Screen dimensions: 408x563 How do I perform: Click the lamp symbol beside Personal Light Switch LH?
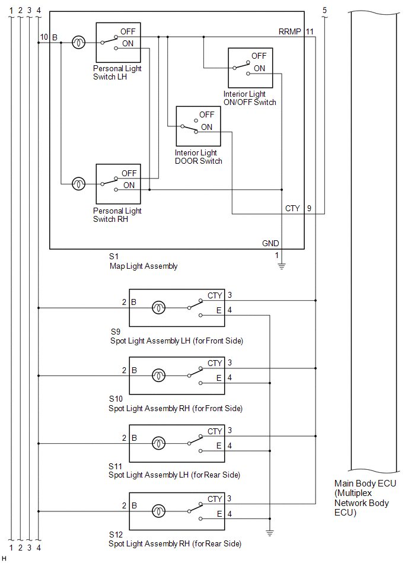pos(79,43)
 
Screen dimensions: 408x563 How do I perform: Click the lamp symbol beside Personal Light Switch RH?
pos(79,184)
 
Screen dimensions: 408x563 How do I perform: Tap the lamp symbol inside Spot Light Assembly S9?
pos(158,308)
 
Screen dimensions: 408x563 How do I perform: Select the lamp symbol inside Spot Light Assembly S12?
pos(158,511)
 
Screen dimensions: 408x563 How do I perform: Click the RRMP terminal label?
pos(289,31)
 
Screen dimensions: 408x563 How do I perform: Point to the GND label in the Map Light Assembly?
pos(270,243)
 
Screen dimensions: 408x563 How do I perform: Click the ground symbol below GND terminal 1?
pos(282,266)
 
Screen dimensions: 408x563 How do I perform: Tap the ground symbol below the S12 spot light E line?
pos(270,533)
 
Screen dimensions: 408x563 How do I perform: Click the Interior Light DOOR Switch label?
pos(199,157)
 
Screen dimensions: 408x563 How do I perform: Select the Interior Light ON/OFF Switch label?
pos(250,98)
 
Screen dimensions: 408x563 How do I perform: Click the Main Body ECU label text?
pos(365,498)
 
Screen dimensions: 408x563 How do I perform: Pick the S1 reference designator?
pos(114,256)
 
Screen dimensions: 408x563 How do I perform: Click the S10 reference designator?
pos(116,399)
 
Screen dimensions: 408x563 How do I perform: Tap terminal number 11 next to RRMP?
pos(310,31)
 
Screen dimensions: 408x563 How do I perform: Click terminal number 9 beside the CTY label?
pos(310,208)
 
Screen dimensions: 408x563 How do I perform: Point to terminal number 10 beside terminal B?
pos(44,37)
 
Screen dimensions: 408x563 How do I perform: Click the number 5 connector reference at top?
pos(325,10)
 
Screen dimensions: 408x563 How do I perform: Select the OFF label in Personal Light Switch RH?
pos(129,173)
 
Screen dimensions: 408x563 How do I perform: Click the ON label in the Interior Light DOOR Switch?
pos(207,127)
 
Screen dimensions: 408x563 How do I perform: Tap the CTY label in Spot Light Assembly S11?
pos(215,431)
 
